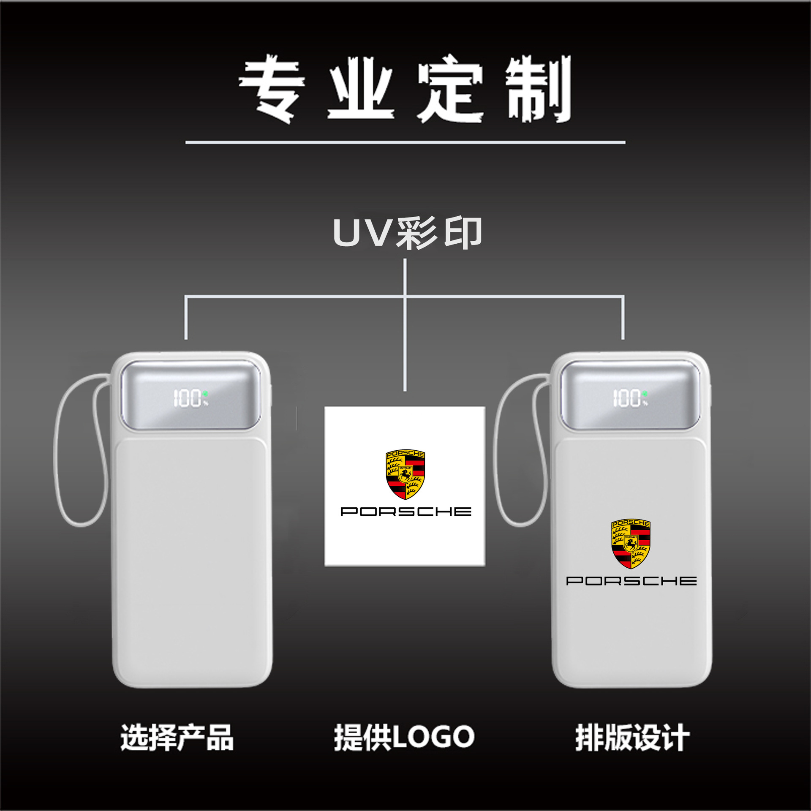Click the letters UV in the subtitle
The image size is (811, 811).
tap(361, 233)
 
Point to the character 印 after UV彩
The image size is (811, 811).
tap(463, 233)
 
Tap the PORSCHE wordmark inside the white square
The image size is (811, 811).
tap(405, 512)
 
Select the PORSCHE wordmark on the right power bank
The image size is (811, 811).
tap(631, 581)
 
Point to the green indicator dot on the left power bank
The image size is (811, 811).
tap(205, 394)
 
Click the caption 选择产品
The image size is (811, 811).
tap(177, 738)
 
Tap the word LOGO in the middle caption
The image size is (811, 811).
tap(433, 737)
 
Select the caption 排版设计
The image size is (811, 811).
tap(632, 738)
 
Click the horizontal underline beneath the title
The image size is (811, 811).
tap(405, 142)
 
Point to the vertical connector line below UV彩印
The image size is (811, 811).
tap(405, 338)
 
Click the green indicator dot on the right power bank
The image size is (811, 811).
tap(645, 394)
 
